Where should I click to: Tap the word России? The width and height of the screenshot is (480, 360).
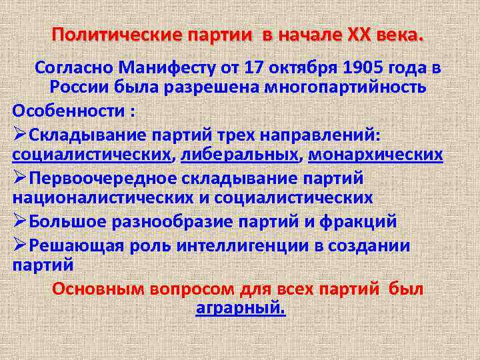tap(79, 88)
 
